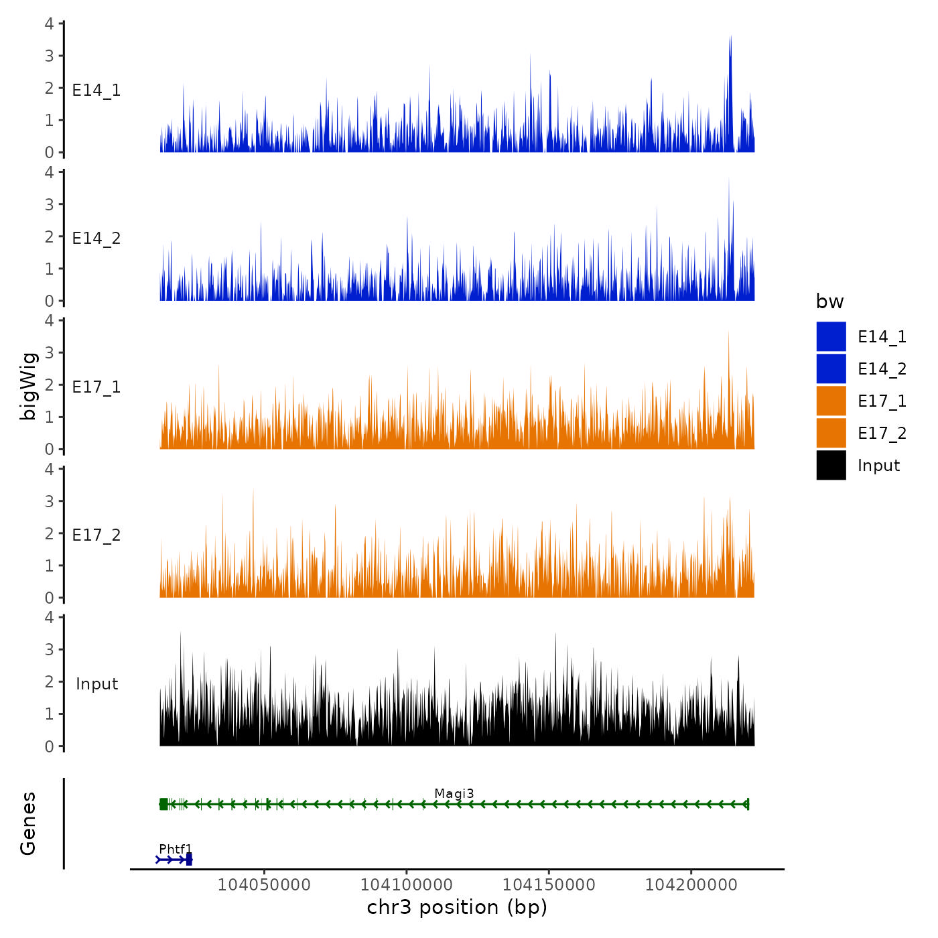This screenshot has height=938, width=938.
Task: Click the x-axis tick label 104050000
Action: [264, 884]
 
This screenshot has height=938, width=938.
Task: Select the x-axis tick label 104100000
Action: [407, 884]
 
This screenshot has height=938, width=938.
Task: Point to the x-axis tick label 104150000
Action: [549, 884]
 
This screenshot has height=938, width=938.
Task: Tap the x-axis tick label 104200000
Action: [691, 884]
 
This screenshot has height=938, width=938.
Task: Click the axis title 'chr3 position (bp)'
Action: [457, 907]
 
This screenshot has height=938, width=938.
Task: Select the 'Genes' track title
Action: [28, 823]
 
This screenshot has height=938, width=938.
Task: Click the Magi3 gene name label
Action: [454, 794]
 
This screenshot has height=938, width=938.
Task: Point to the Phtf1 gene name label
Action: [176, 850]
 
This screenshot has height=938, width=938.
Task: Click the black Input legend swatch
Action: [831, 466]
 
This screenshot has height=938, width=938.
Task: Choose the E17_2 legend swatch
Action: [831, 433]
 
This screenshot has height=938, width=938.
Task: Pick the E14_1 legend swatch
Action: [831, 337]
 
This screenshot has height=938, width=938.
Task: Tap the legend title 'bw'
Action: [829, 302]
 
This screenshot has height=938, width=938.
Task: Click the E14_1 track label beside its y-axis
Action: [96, 90]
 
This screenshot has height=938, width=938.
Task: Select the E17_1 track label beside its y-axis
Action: [96, 387]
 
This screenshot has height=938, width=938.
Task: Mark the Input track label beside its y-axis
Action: [96, 684]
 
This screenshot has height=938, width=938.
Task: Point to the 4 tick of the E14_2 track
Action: [49, 172]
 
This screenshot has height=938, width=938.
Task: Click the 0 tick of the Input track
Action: [49, 746]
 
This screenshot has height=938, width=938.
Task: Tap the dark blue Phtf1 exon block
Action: [189, 860]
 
